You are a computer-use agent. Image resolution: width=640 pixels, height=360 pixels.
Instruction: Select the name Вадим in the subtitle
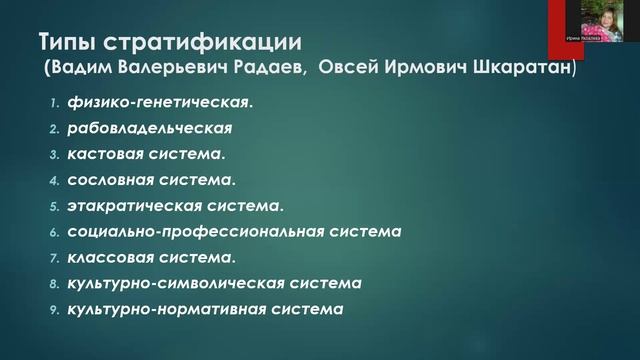(87, 71)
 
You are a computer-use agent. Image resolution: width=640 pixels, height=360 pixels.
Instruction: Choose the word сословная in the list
(108, 180)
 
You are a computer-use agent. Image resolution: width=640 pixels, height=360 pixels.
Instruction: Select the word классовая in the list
(109, 258)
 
